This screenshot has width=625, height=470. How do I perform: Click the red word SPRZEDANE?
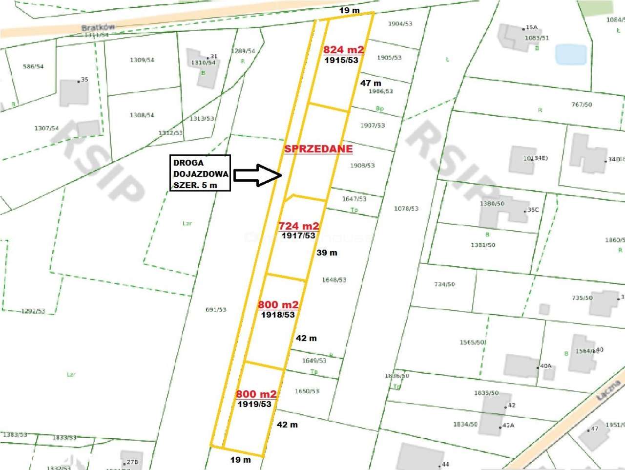pos(318,149)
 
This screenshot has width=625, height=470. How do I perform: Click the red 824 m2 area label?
pos(343,49)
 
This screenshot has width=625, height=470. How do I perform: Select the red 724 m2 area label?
pos(298,226)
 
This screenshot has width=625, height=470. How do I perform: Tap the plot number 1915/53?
pos(341,60)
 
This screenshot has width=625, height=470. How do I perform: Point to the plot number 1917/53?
pos(298,235)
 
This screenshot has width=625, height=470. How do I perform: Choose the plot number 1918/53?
pos(278,315)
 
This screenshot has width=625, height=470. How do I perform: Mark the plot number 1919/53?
pos(254,404)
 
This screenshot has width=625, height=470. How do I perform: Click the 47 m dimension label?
pos(371,83)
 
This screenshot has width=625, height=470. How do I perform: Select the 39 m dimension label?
pos(327,253)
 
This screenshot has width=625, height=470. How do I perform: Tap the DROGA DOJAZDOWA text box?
pos(200,173)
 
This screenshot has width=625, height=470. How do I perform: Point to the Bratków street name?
pos(98,27)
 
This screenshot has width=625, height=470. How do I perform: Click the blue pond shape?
pos(571,54)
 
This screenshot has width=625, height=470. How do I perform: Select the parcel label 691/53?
pos(216,310)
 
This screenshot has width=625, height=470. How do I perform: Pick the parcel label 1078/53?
pos(406,209)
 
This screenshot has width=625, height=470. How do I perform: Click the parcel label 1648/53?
pos(334,280)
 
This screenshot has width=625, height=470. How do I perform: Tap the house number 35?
pos(84,80)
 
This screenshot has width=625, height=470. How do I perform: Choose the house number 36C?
pos(533,210)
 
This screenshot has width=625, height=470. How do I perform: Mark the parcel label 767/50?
pos(582,105)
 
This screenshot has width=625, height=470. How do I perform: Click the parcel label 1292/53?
pos(33,311)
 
